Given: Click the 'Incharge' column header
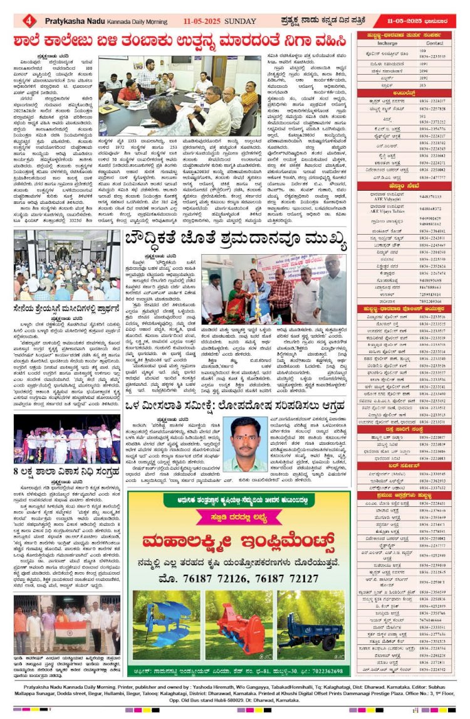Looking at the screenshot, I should click(388, 43).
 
